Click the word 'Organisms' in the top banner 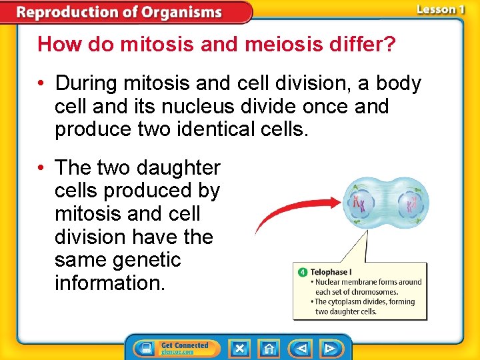click(179, 12)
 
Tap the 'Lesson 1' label click(440, 9)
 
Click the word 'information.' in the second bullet click(110, 282)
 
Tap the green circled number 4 click(302, 272)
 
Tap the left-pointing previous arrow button click(301, 348)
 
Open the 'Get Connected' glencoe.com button click(175, 348)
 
